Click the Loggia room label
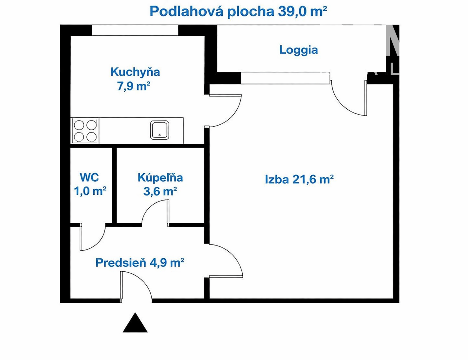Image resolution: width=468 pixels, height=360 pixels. (298, 50)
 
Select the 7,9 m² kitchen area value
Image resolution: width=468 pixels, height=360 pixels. (134, 86)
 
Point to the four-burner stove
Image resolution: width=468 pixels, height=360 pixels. (85, 131)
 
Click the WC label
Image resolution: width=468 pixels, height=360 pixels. (89, 177)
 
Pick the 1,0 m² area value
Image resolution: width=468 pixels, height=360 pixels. (90, 191)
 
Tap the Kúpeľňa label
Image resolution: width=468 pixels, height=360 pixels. (160, 177)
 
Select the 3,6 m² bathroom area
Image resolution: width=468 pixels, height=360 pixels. (160, 191)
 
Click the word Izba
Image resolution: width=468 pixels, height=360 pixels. (277, 179)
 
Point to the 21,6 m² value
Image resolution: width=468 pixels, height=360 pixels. (313, 179)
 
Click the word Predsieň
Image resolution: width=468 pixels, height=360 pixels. (121, 263)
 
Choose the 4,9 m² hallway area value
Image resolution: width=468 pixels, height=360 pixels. (167, 263)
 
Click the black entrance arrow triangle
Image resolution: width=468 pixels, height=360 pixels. (135, 323)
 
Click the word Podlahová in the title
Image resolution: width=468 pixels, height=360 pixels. (186, 11)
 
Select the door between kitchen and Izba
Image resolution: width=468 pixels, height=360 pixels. (225, 111)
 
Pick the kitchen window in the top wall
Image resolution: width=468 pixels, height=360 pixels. (135, 30)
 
